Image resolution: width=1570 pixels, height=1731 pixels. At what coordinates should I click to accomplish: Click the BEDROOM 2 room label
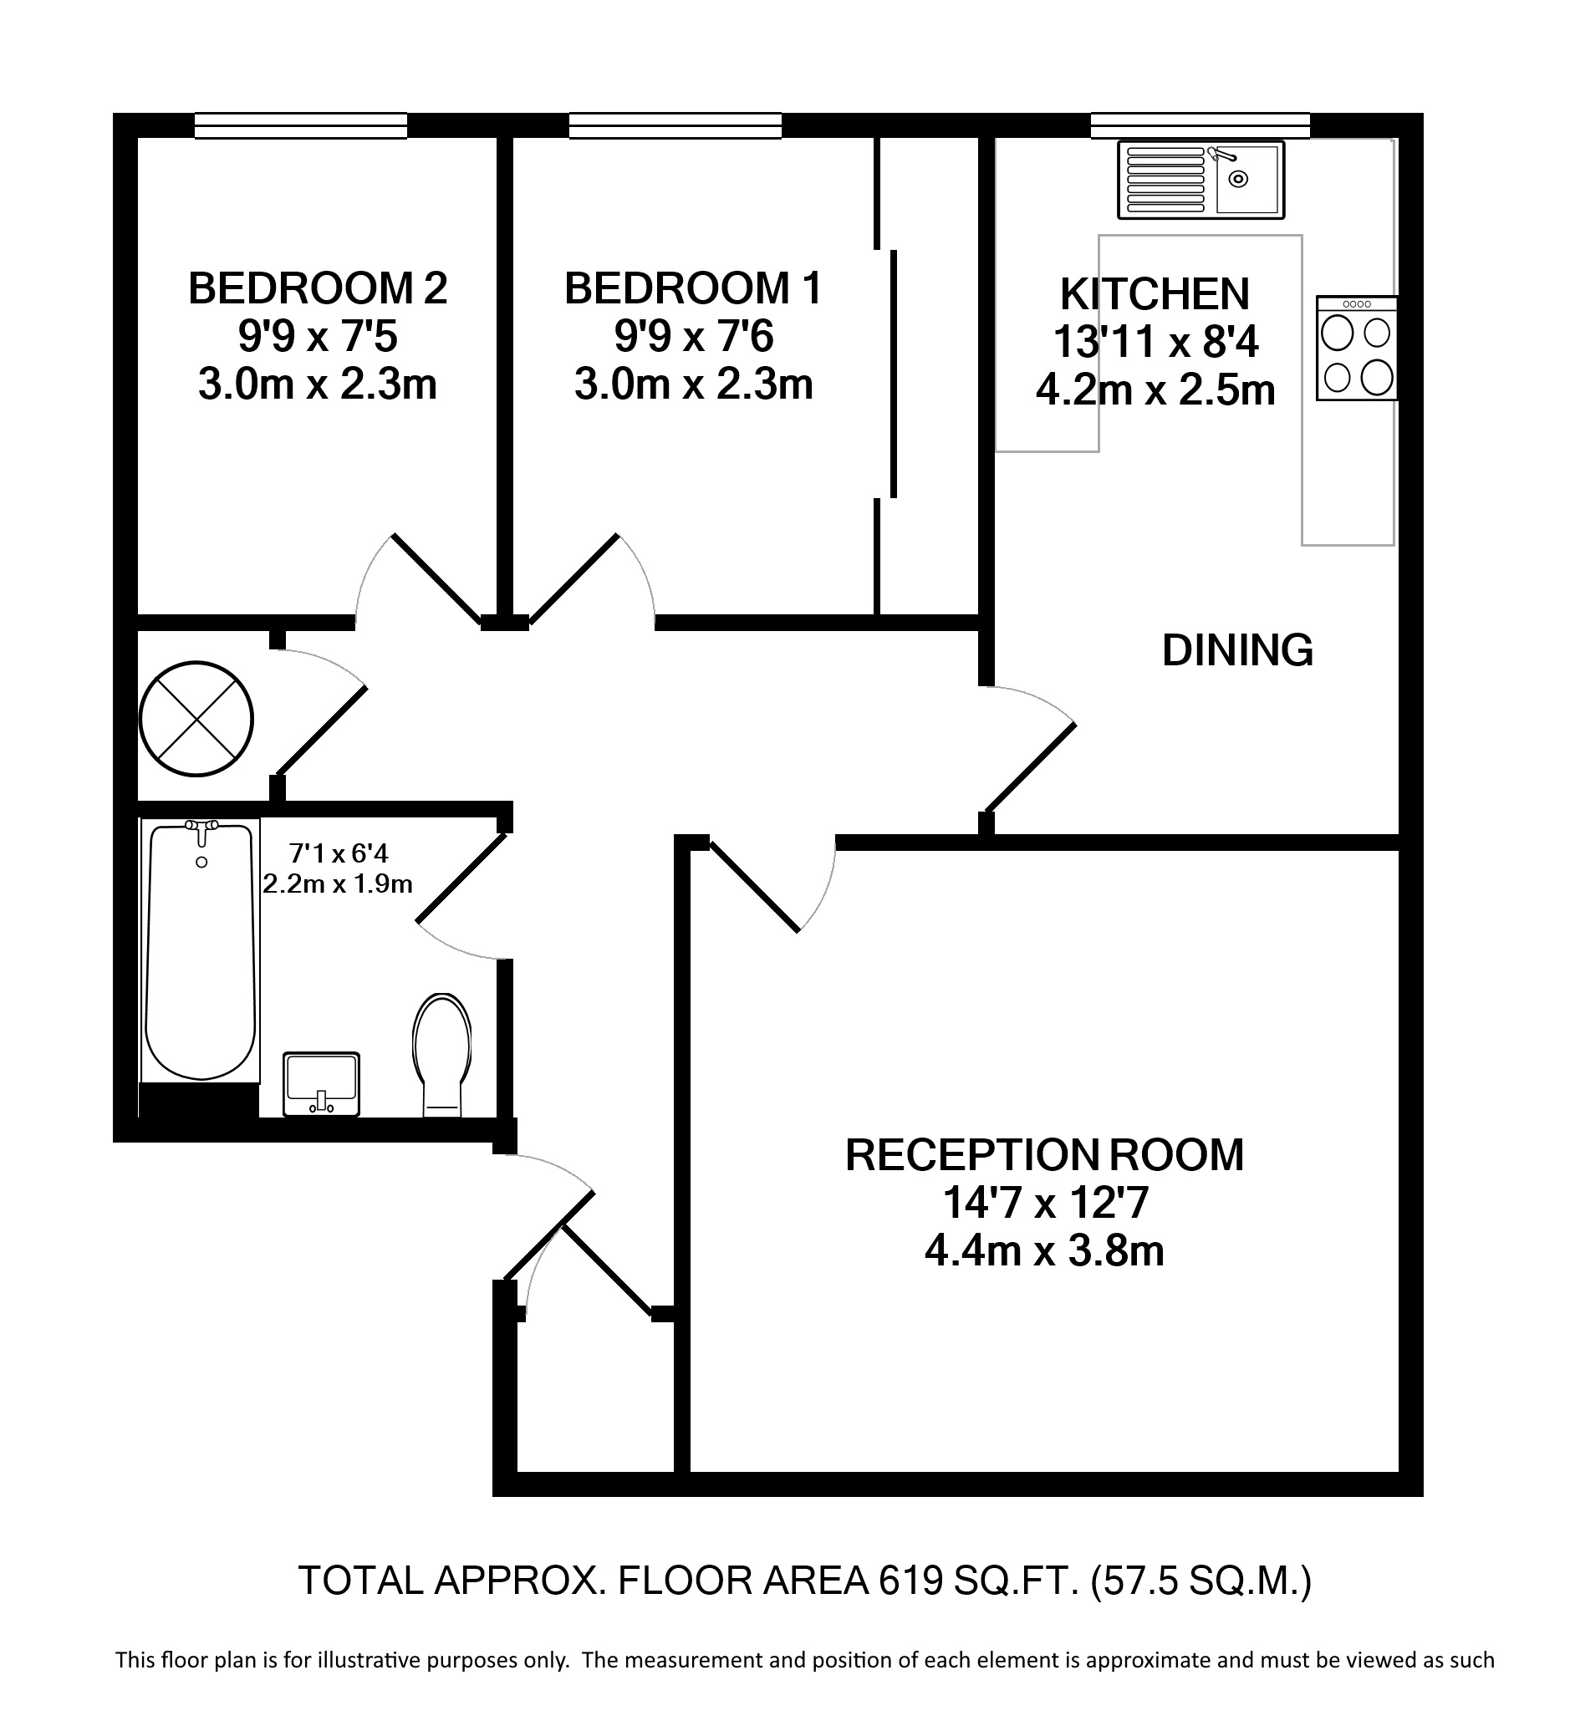pyautogui.click(x=318, y=288)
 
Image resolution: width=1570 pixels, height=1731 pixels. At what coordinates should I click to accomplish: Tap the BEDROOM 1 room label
pyautogui.click(x=693, y=288)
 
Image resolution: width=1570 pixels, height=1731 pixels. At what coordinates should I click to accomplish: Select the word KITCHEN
pyautogui.click(x=1155, y=294)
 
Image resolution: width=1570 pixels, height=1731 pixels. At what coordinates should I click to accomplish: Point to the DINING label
pyautogui.click(x=1237, y=650)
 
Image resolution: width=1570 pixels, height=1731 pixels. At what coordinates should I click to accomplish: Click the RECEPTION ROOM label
pyautogui.click(x=1044, y=1155)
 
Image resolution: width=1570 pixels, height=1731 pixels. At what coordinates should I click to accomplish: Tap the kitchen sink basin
pyautogui.click(x=1248, y=180)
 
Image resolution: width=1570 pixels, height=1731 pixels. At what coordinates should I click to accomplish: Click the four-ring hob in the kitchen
pyautogui.click(x=1357, y=348)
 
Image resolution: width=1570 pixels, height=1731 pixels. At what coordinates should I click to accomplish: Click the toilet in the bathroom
pyautogui.click(x=442, y=1055)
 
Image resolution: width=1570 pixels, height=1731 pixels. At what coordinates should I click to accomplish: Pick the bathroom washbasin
pyautogui.click(x=322, y=1083)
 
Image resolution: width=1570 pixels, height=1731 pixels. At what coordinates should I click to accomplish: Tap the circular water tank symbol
pyautogui.click(x=196, y=719)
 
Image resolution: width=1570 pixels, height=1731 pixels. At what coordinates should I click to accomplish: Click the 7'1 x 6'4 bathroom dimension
pyautogui.click(x=339, y=853)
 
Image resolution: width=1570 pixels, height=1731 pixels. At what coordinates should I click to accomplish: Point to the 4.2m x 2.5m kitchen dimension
pyautogui.click(x=1155, y=390)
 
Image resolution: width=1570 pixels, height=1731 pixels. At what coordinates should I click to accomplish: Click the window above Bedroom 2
pyautogui.click(x=301, y=126)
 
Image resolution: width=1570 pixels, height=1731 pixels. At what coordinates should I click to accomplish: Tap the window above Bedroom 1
pyautogui.click(x=675, y=126)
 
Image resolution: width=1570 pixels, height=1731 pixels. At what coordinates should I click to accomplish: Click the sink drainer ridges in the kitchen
pyautogui.click(x=1165, y=180)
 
